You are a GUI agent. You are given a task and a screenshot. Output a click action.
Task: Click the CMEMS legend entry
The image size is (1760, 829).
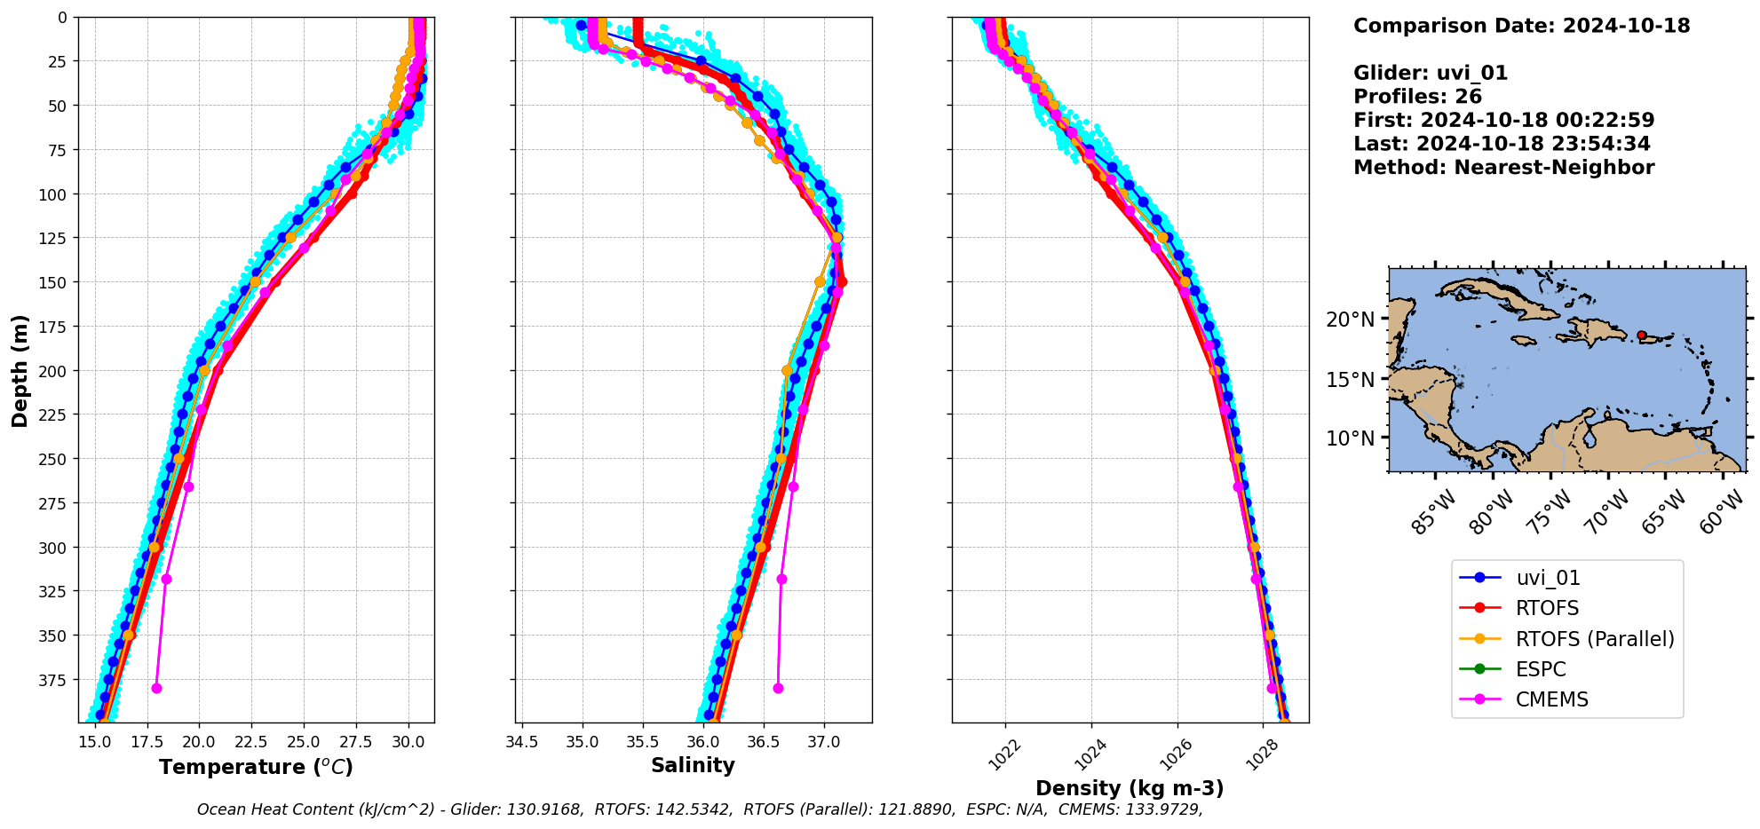point(1551,699)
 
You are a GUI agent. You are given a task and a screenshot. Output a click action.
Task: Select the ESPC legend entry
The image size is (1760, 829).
point(1541,669)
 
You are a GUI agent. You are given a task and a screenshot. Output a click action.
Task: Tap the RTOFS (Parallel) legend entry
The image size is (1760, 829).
point(1594,639)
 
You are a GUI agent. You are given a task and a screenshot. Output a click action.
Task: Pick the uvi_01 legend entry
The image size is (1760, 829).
point(1548,578)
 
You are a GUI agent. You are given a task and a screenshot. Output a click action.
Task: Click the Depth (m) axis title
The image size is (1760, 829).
point(20,370)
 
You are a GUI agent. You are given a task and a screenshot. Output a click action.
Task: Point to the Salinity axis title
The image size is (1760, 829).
point(693,765)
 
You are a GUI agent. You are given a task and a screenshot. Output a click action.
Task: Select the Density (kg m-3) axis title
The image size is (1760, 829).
point(1130,788)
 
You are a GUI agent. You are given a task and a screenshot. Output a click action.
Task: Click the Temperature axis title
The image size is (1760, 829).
point(256,767)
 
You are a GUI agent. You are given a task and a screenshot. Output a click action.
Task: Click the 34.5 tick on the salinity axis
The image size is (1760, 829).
point(521,742)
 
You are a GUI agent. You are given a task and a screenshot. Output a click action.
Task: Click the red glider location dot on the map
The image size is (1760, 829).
point(1641,336)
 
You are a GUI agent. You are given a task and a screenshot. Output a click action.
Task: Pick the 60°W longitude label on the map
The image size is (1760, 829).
point(1723,513)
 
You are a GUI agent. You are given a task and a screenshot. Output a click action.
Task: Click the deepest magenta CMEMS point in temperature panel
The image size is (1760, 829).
point(157,688)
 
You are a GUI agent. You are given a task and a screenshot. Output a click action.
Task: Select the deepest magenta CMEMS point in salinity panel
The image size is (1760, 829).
point(778,688)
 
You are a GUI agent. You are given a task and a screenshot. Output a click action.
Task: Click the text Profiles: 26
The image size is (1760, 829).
point(1417,97)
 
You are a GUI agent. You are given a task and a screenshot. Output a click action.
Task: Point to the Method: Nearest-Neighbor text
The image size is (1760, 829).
point(1503,168)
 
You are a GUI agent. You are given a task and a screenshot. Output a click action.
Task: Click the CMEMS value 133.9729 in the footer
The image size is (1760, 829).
point(1161,809)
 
